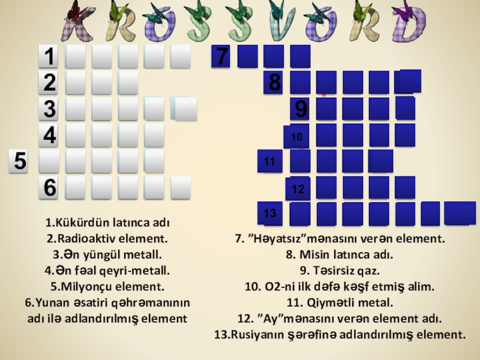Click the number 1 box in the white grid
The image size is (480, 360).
(x=49, y=56)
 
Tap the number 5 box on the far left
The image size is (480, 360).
(x=19, y=161)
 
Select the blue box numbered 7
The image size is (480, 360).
(x=221, y=56)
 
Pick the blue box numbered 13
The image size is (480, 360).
(x=270, y=214)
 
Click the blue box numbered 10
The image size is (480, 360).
(x=296, y=136)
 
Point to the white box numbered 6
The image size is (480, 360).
(x=49, y=188)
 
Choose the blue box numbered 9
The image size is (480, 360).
(x=300, y=109)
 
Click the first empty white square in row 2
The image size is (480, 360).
(x=76, y=83)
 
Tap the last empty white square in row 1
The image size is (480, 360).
(x=181, y=56)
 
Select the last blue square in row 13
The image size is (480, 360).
(x=460, y=214)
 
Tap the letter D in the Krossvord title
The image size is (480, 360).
(x=409, y=25)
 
